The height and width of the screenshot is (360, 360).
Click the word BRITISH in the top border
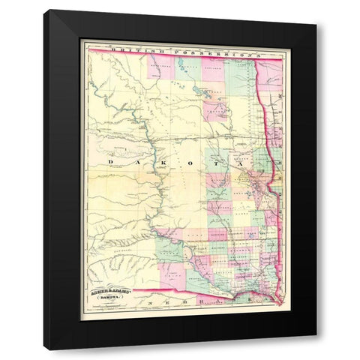[130, 49]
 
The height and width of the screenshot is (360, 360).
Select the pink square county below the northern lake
[217, 112]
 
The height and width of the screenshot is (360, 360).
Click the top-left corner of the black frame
[44, 10]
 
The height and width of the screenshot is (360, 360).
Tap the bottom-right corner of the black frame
[316, 349]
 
